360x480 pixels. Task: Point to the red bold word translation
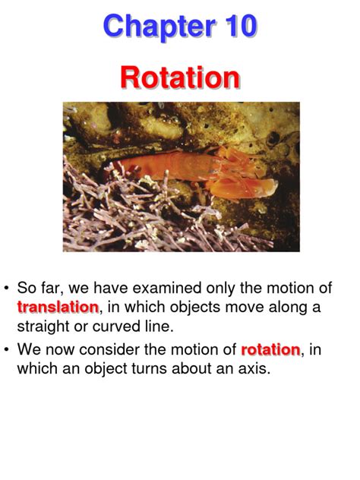(58, 308)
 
